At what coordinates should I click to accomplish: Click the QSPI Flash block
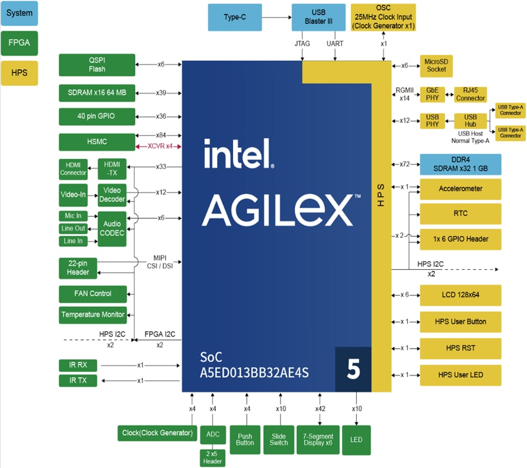click(97, 64)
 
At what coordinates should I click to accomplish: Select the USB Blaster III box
click(319, 18)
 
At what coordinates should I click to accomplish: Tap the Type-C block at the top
click(235, 18)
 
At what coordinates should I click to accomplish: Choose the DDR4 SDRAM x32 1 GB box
click(460, 164)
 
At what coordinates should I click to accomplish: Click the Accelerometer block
click(460, 189)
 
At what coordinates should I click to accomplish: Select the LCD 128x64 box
click(460, 295)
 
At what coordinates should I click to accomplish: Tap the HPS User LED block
click(460, 374)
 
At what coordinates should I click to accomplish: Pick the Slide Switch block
click(279, 440)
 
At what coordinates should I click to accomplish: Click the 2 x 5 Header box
click(213, 457)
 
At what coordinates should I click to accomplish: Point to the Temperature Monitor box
click(93, 315)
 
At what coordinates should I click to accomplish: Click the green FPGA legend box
click(19, 43)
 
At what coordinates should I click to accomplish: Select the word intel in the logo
click(239, 153)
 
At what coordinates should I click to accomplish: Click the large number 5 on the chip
click(353, 370)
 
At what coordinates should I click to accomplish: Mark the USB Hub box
click(471, 121)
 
